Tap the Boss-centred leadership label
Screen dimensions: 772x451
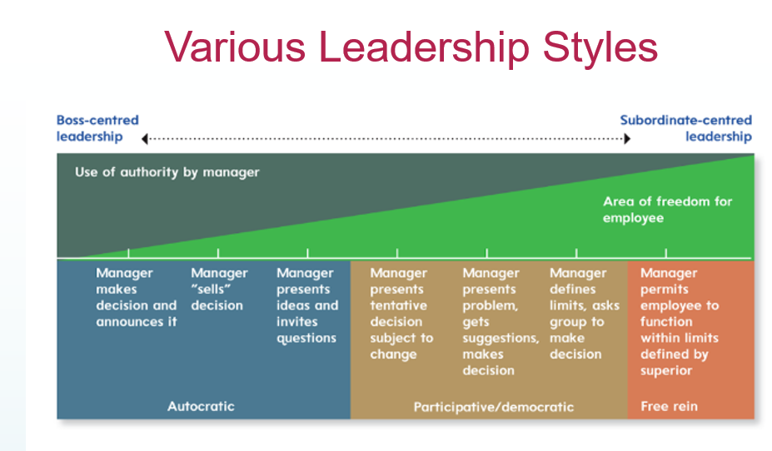(x=97, y=128)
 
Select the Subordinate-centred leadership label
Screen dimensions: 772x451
(x=685, y=128)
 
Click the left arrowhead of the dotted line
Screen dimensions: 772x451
(x=145, y=138)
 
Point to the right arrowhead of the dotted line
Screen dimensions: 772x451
(x=626, y=138)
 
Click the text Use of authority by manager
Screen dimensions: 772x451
(x=167, y=172)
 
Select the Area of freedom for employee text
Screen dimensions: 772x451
(x=667, y=209)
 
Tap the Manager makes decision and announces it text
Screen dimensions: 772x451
(x=136, y=297)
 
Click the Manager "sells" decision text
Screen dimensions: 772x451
(x=219, y=289)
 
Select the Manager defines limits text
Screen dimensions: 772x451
(x=584, y=313)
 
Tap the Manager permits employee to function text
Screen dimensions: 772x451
(x=679, y=321)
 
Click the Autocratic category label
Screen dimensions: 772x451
(x=201, y=407)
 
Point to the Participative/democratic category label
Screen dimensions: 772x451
(x=493, y=407)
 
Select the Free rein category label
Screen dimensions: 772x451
(x=669, y=407)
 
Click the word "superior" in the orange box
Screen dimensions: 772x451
(x=666, y=370)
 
